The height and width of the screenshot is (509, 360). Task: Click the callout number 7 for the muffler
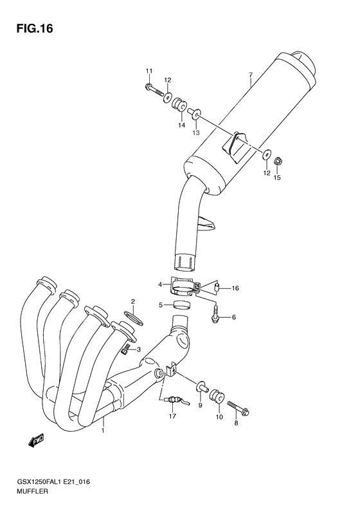pyautogui.click(x=250, y=75)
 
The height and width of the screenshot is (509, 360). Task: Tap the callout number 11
pyautogui.click(x=148, y=70)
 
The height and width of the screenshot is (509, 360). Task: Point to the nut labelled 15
pyautogui.click(x=279, y=160)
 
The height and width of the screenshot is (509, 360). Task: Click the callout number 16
pyautogui.click(x=235, y=288)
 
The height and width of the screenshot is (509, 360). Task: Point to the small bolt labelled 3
pyautogui.click(x=127, y=348)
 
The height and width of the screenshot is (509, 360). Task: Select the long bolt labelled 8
pyautogui.click(x=239, y=408)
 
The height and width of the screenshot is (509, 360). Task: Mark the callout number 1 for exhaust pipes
pyautogui.click(x=102, y=431)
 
